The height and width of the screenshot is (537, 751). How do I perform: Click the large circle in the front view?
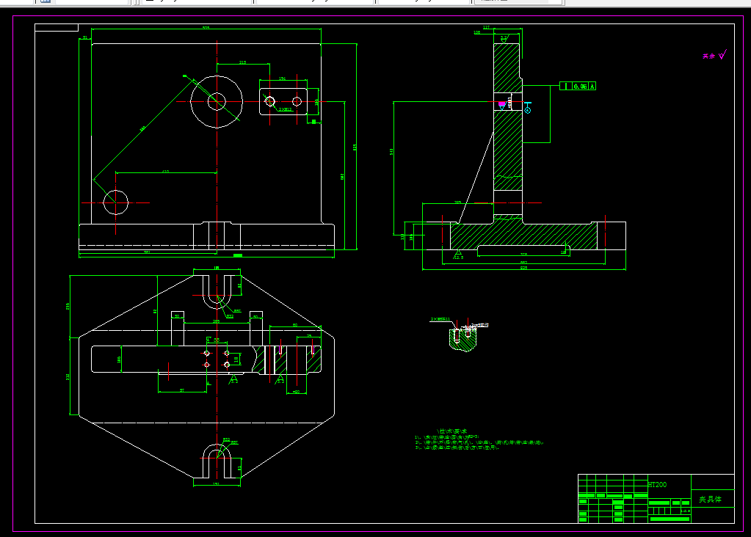(x=217, y=101)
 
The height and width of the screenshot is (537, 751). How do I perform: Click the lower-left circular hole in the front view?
(x=116, y=202)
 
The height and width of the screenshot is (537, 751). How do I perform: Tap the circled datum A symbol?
(x=527, y=110)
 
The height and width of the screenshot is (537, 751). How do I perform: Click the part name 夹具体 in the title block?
(x=710, y=500)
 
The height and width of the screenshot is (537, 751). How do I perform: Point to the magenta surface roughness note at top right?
(x=713, y=55)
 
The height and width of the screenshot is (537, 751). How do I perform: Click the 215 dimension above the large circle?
(x=243, y=62)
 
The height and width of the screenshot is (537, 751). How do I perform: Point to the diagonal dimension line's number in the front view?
(x=142, y=128)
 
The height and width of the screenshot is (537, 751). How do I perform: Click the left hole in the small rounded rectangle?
(x=270, y=101)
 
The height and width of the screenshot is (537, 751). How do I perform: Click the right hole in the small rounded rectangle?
(x=297, y=101)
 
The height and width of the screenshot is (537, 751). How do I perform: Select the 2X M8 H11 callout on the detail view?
(x=440, y=319)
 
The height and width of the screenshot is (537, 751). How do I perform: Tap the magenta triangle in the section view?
(x=502, y=106)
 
